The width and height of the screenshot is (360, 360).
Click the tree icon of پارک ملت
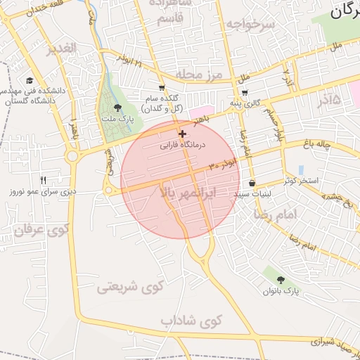[x=117, y=108]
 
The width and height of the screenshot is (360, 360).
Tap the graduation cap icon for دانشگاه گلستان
[x=30, y=80]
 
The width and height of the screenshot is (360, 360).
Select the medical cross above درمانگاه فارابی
[x=182, y=134]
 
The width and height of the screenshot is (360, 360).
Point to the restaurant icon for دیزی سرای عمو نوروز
[x=43, y=181]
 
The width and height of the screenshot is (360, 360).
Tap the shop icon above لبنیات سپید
[x=252, y=183]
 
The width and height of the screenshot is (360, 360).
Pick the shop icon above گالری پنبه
[x=244, y=92]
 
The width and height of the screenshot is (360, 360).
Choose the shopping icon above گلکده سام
[x=162, y=88]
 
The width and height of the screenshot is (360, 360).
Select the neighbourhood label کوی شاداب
[x=191, y=321]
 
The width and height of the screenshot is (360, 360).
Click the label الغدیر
[x=60, y=49]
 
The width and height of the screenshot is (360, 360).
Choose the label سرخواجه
[x=250, y=24]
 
